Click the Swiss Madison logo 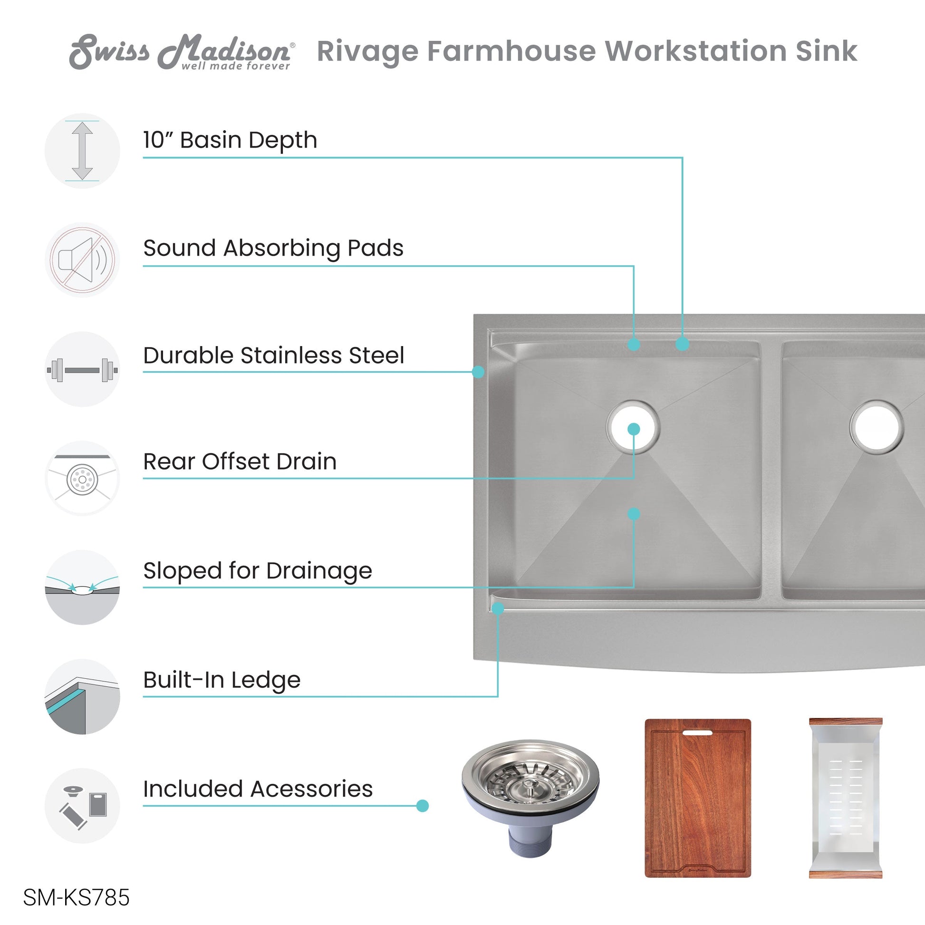pyautogui.click(x=182, y=52)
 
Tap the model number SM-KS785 pyautogui.click(x=76, y=898)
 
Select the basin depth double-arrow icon pyautogui.click(x=82, y=151)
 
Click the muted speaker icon pyautogui.click(x=82, y=260)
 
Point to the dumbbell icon pyautogui.click(x=82, y=370)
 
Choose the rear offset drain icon pyautogui.click(x=82, y=478)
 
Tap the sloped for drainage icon pyautogui.click(x=82, y=588)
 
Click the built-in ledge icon pyautogui.click(x=82, y=697)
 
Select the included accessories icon pyautogui.click(x=82, y=806)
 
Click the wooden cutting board pyautogui.click(x=698, y=798)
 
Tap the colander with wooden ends pyautogui.click(x=846, y=798)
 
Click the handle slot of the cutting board pyautogui.click(x=698, y=732)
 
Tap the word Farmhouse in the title pyautogui.click(x=511, y=51)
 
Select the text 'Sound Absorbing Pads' pyautogui.click(x=273, y=249)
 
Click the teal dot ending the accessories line pyautogui.click(x=422, y=806)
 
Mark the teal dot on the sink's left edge pyautogui.click(x=478, y=372)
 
